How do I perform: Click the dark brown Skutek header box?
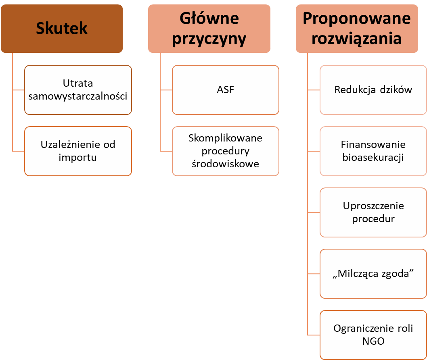pyautogui.click(x=62, y=28)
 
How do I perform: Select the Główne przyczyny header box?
pyautogui.click(x=209, y=28)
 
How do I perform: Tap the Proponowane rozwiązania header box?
pyautogui.click(x=357, y=28)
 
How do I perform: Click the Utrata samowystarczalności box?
pyautogui.click(x=78, y=90)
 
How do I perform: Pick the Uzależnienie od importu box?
pyautogui.click(x=78, y=151)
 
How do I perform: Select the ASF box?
pyautogui.click(x=225, y=90)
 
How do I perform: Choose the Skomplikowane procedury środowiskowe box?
pyautogui.click(x=225, y=151)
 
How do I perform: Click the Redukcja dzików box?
pyautogui.click(x=373, y=90)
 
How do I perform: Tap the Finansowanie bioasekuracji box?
pyautogui.click(x=373, y=151)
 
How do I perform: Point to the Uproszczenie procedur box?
pyautogui.click(x=373, y=212)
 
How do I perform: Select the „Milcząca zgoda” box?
pyautogui.click(x=373, y=274)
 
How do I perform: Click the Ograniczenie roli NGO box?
pyautogui.click(x=373, y=335)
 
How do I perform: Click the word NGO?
pyautogui.click(x=373, y=341)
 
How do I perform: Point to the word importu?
pyautogui.click(x=78, y=157)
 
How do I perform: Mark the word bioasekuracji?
pyautogui.click(x=373, y=157)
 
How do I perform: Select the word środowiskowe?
pyautogui.click(x=225, y=164)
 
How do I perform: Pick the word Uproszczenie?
pyautogui.click(x=373, y=206)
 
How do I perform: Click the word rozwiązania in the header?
pyautogui.click(x=357, y=39)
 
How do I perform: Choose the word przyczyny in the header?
pyautogui.click(x=209, y=39)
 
